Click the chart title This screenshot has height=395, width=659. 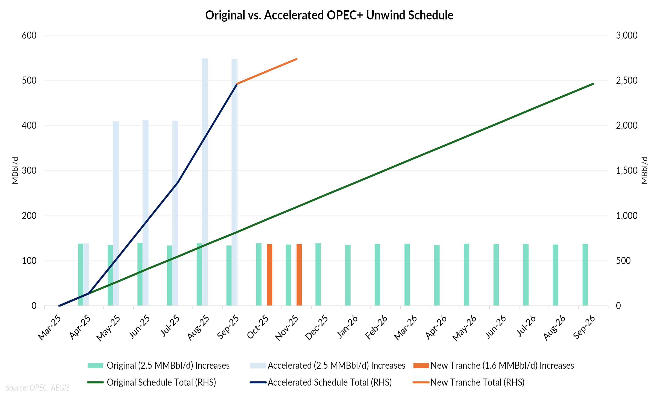[329, 15]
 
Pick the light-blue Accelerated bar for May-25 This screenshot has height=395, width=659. [116, 213]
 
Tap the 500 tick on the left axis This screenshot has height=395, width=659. [29, 80]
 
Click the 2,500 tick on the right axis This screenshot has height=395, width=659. [626, 80]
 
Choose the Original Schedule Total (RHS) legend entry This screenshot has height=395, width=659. [161, 382]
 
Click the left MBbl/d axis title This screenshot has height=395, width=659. [15, 170]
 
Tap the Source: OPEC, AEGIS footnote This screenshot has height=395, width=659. [38, 388]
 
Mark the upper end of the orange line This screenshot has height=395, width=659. [297, 59]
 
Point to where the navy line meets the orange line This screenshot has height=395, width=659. [237, 84]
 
